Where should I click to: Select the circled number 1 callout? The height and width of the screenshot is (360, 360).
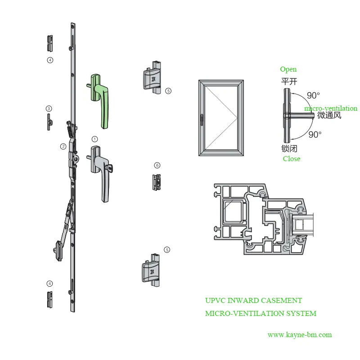[94, 139]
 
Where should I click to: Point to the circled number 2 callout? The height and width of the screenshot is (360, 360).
[63, 146]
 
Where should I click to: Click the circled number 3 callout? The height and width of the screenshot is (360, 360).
[49, 108]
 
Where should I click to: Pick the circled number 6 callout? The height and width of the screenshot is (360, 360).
[157, 165]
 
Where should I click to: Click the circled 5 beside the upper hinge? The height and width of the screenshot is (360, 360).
[168, 91]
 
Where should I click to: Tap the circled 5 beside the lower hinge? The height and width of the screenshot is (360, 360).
[167, 249]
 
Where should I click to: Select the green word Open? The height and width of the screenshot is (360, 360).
[288, 69]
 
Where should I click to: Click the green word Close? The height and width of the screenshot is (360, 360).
[292, 159]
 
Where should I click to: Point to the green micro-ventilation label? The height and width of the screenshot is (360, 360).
[331, 108]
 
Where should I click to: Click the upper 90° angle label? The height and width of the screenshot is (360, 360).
[314, 95]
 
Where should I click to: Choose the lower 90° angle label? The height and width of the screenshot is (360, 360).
[315, 135]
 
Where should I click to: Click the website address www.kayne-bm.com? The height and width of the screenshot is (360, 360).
[300, 335]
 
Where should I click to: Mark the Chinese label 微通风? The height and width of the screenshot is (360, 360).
[329, 116]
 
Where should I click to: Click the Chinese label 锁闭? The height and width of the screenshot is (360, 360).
[289, 148]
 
